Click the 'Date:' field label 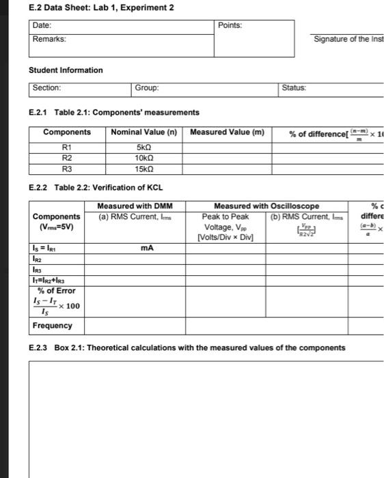(43, 25)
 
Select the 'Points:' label (230, 25)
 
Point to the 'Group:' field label (147, 88)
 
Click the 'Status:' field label (294, 88)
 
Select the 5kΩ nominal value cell (143, 146)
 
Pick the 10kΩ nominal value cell (143, 157)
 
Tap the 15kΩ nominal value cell (143, 168)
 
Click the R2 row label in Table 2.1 (66, 157)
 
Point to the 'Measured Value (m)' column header (227, 132)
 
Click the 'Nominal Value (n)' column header (143, 132)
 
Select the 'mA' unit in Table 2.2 (144, 249)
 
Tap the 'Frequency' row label (53, 326)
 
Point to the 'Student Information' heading (66, 70)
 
